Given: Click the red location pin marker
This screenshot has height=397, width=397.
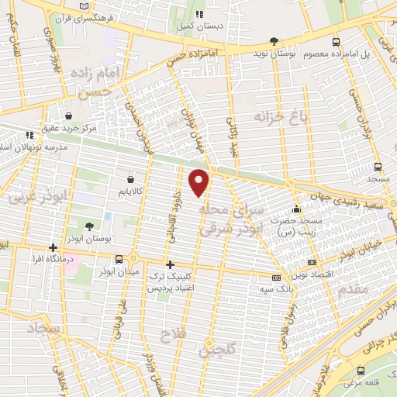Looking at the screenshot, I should click(x=200, y=181).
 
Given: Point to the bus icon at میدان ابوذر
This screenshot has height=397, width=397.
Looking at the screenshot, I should click(x=119, y=260).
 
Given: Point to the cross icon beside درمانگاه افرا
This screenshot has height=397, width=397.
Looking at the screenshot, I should click(x=54, y=247).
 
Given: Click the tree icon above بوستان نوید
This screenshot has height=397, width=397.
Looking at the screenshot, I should click(x=273, y=41).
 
